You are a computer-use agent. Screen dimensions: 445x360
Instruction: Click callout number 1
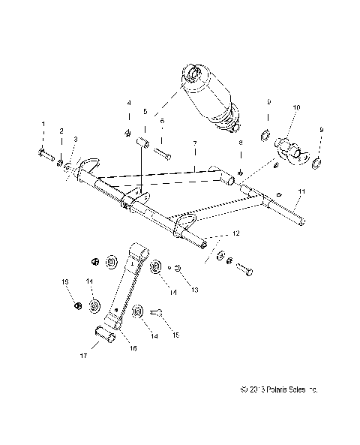click(43, 123)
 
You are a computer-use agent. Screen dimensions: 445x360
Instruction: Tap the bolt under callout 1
click(43, 155)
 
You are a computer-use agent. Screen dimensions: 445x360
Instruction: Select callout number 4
click(128, 102)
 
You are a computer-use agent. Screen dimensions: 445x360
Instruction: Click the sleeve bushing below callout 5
click(142, 143)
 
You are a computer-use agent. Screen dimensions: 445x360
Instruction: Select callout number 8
click(241, 141)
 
